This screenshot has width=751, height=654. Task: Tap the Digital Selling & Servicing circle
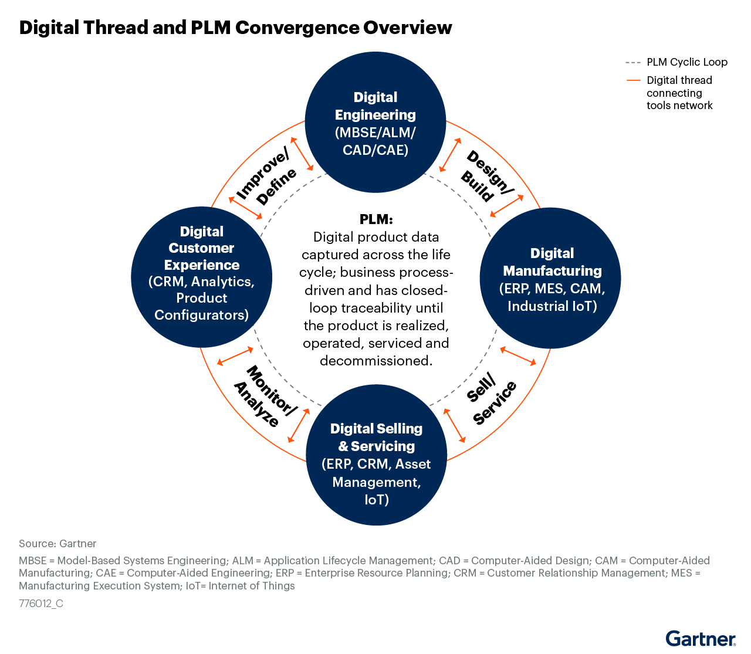[x=376, y=455]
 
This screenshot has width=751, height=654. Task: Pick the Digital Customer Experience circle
[x=201, y=277]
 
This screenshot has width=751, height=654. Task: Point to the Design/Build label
[x=486, y=176]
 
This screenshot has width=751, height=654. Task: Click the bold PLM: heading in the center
[x=376, y=219]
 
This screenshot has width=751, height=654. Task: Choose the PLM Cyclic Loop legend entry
[x=686, y=62]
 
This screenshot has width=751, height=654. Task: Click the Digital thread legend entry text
[x=679, y=93]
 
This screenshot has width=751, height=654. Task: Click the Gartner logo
[x=700, y=639]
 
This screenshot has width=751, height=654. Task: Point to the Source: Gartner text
[x=57, y=544]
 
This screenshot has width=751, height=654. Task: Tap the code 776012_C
[x=41, y=604]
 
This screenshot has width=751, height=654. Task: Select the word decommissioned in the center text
[x=376, y=361]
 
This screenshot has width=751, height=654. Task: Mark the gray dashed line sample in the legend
[x=633, y=62]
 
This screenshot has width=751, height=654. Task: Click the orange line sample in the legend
[x=633, y=80]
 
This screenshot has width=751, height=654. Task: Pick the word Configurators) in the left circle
[x=201, y=315]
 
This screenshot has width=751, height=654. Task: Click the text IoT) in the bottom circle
[x=376, y=500]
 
